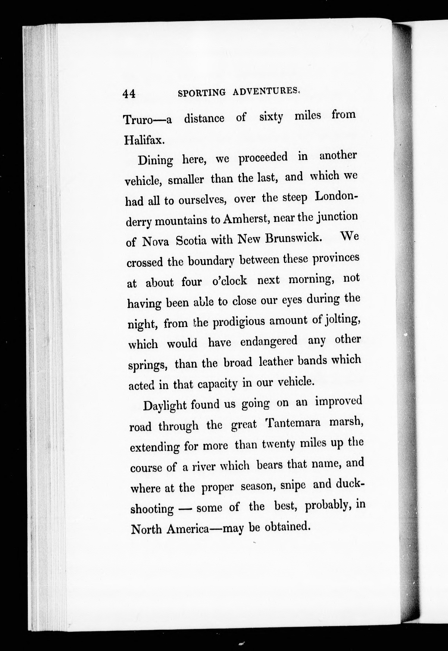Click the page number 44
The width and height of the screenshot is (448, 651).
click(x=129, y=94)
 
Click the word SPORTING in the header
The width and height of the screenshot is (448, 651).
click(x=202, y=93)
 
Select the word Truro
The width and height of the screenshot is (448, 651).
click(x=138, y=120)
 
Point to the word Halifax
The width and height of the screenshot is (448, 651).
click(x=144, y=140)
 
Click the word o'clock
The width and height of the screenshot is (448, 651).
click(x=230, y=281)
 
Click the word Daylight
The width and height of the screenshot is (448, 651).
click(x=165, y=406)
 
